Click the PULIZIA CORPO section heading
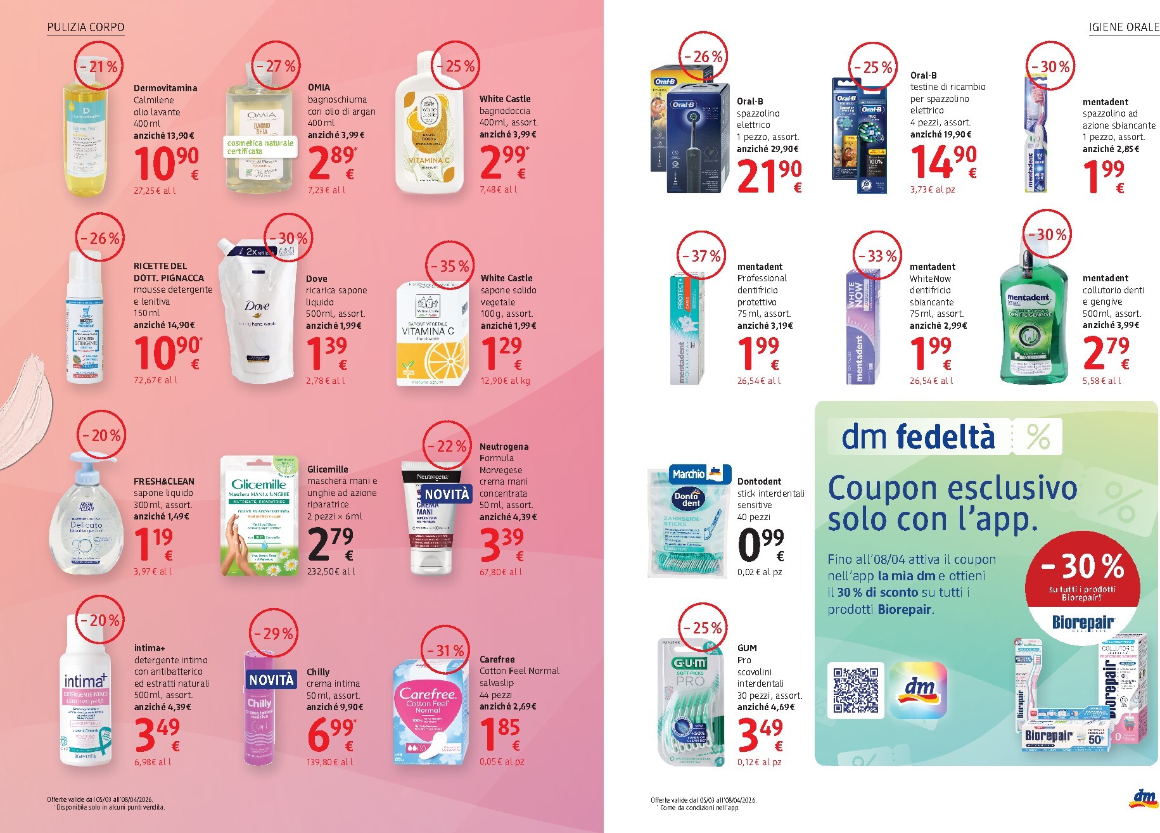click(x=86, y=27)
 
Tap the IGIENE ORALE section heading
click(x=1123, y=27)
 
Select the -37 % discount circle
click(x=701, y=256)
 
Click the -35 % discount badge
click(x=450, y=266)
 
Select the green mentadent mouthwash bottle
click(x=1032, y=317)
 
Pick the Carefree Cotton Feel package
click(x=428, y=709)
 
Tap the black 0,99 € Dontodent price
click(x=761, y=545)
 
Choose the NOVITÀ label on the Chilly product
click(x=272, y=680)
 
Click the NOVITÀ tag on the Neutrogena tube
click(x=447, y=494)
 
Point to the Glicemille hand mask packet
click(x=260, y=516)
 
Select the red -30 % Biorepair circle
click(x=1082, y=576)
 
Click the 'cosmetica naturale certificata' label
click(x=260, y=147)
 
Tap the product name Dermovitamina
click(x=165, y=88)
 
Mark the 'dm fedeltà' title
click(x=918, y=437)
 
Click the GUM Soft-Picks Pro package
click(x=691, y=703)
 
